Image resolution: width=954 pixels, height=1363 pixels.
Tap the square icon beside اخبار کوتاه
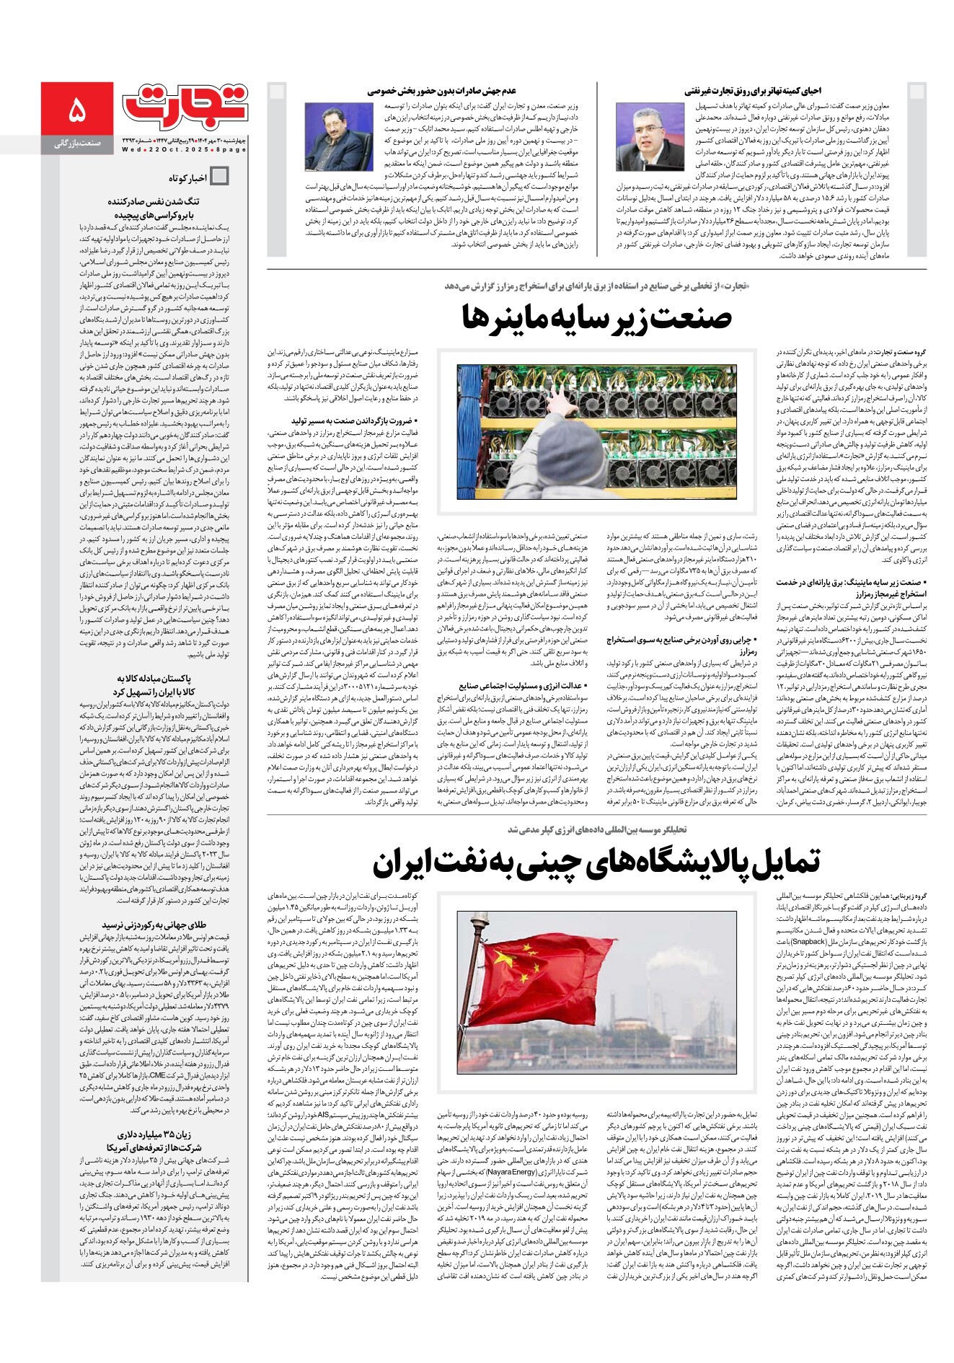pos(218,177)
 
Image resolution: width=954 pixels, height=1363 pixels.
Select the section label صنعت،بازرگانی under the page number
pos(76,144)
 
